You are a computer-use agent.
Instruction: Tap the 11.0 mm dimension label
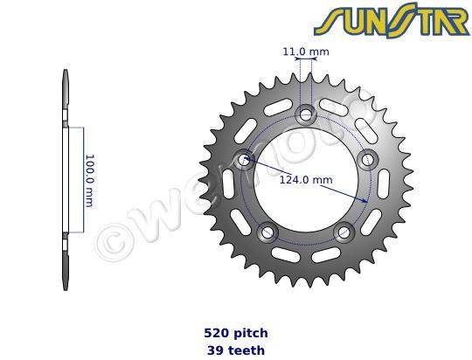(x=306, y=52)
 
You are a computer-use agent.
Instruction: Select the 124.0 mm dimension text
(x=306, y=180)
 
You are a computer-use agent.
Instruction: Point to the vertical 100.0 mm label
(x=88, y=180)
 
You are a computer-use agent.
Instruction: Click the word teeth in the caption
(x=246, y=350)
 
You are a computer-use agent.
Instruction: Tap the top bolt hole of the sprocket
(x=306, y=113)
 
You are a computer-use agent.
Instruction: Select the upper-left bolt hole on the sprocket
(x=244, y=158)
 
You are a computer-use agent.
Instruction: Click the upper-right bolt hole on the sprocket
(x=367, y=158)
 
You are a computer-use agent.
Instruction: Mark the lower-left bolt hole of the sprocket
(x=267, y=232)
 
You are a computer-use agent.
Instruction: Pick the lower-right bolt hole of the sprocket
(x=344, y=232)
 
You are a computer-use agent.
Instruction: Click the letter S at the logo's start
(x=327, y=22)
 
